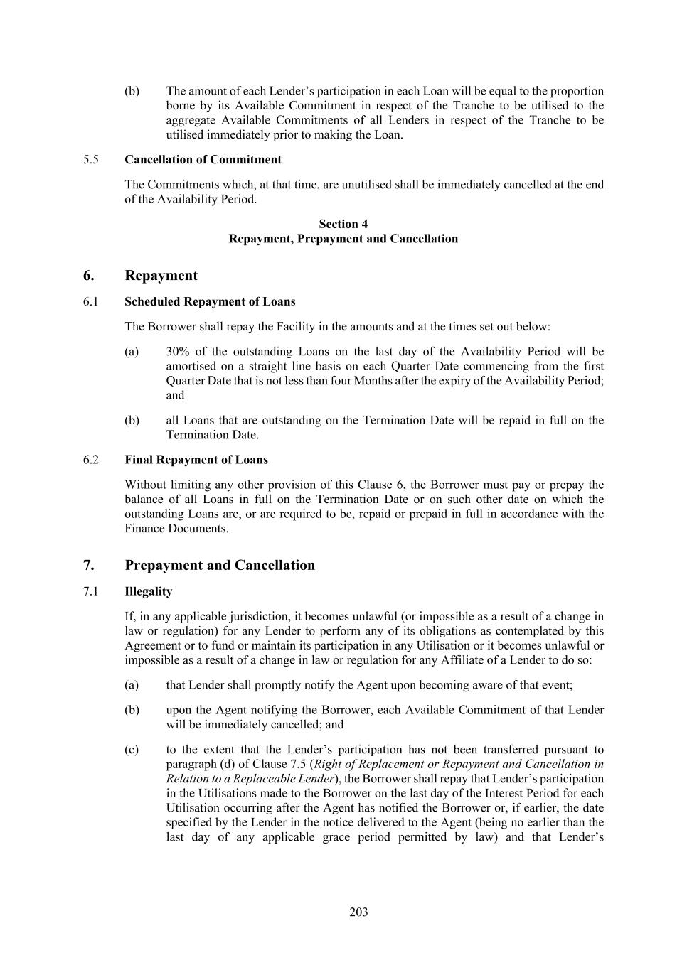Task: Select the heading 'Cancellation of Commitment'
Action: (203, 159)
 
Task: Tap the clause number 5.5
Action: (90, 159)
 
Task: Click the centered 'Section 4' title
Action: (343, 224)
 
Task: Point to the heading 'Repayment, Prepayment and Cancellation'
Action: (343, 239)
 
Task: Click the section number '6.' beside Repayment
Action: (89, 276)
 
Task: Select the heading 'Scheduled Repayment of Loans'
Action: (210, 301)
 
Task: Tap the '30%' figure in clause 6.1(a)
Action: (178, 351)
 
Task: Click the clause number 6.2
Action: (90, 460)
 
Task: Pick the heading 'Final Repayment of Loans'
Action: (196, 460)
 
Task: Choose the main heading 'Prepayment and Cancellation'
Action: (220, 566)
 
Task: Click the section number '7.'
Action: (89, 566)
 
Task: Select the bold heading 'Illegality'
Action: (148, 591)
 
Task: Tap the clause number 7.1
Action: (90, 591)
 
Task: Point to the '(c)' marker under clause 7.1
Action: (132, 749)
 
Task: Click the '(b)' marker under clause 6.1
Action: (132, 420)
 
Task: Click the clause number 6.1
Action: (90, 301)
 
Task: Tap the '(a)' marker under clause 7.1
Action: (132, 685)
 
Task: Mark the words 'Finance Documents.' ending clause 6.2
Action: (177, 529)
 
